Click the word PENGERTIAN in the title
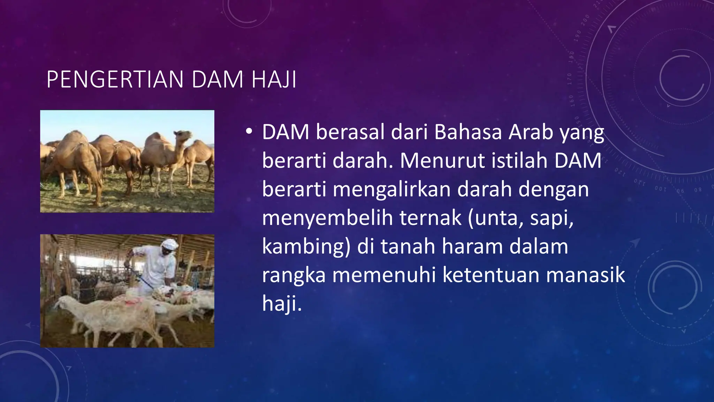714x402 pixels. click(x=115, y=80)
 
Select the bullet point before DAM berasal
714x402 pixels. click(x=249, y=132)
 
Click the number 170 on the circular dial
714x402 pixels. click(x=569, y=79)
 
